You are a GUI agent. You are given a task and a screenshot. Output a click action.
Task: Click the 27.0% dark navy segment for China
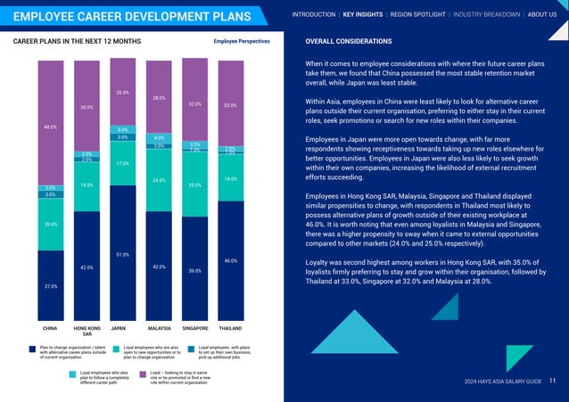51,285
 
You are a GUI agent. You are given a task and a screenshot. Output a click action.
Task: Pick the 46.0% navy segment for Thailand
230,260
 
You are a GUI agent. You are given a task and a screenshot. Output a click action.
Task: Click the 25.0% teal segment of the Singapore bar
194,185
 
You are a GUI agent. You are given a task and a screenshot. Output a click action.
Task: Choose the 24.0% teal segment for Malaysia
159,180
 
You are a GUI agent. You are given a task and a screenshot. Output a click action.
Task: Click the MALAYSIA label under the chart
159,328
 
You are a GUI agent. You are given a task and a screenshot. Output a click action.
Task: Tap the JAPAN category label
118,328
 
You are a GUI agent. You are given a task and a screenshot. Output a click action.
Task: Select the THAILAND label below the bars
230,328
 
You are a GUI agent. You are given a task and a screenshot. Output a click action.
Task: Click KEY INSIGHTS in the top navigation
363,14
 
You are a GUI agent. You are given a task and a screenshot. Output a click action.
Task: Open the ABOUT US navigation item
542,14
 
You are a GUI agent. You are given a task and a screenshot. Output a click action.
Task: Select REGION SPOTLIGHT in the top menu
418,14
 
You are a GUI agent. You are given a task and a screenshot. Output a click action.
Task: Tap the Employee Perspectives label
243,42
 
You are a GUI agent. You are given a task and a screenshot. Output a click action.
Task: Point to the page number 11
553,381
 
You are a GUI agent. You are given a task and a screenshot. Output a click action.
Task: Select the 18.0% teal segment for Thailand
230,178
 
